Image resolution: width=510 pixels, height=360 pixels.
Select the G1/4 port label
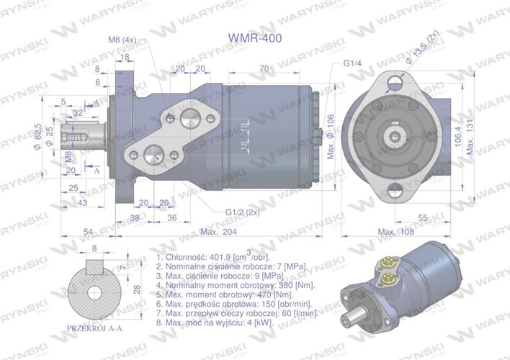click(352, 63)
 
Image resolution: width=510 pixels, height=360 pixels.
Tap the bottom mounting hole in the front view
click(394, 190)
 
